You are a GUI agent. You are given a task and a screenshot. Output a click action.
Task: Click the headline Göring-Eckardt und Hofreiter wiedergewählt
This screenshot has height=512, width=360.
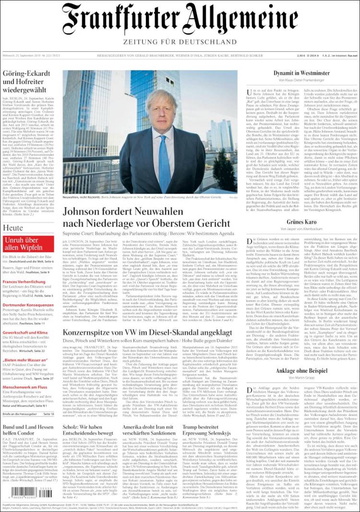[x=28, y=82]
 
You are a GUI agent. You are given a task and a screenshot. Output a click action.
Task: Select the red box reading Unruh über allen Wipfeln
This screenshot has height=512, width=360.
[x=29, y=244]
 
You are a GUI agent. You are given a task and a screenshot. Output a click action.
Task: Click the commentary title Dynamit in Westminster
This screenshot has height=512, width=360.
[x=301, y=73]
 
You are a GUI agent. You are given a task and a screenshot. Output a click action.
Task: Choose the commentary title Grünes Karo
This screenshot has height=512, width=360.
[x=301, y=222]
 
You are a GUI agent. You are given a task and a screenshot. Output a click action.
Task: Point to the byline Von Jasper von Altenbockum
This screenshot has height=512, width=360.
[x=301, y=229]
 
